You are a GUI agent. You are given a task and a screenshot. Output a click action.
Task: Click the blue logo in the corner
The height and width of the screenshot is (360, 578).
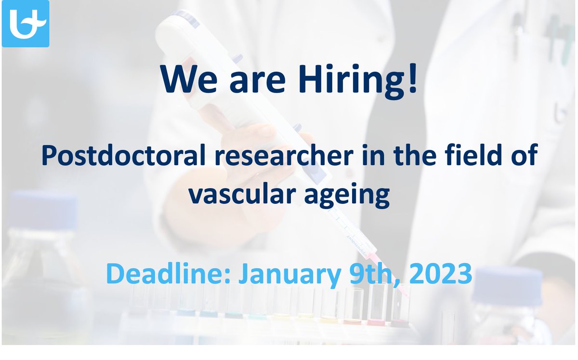click(26, 24)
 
